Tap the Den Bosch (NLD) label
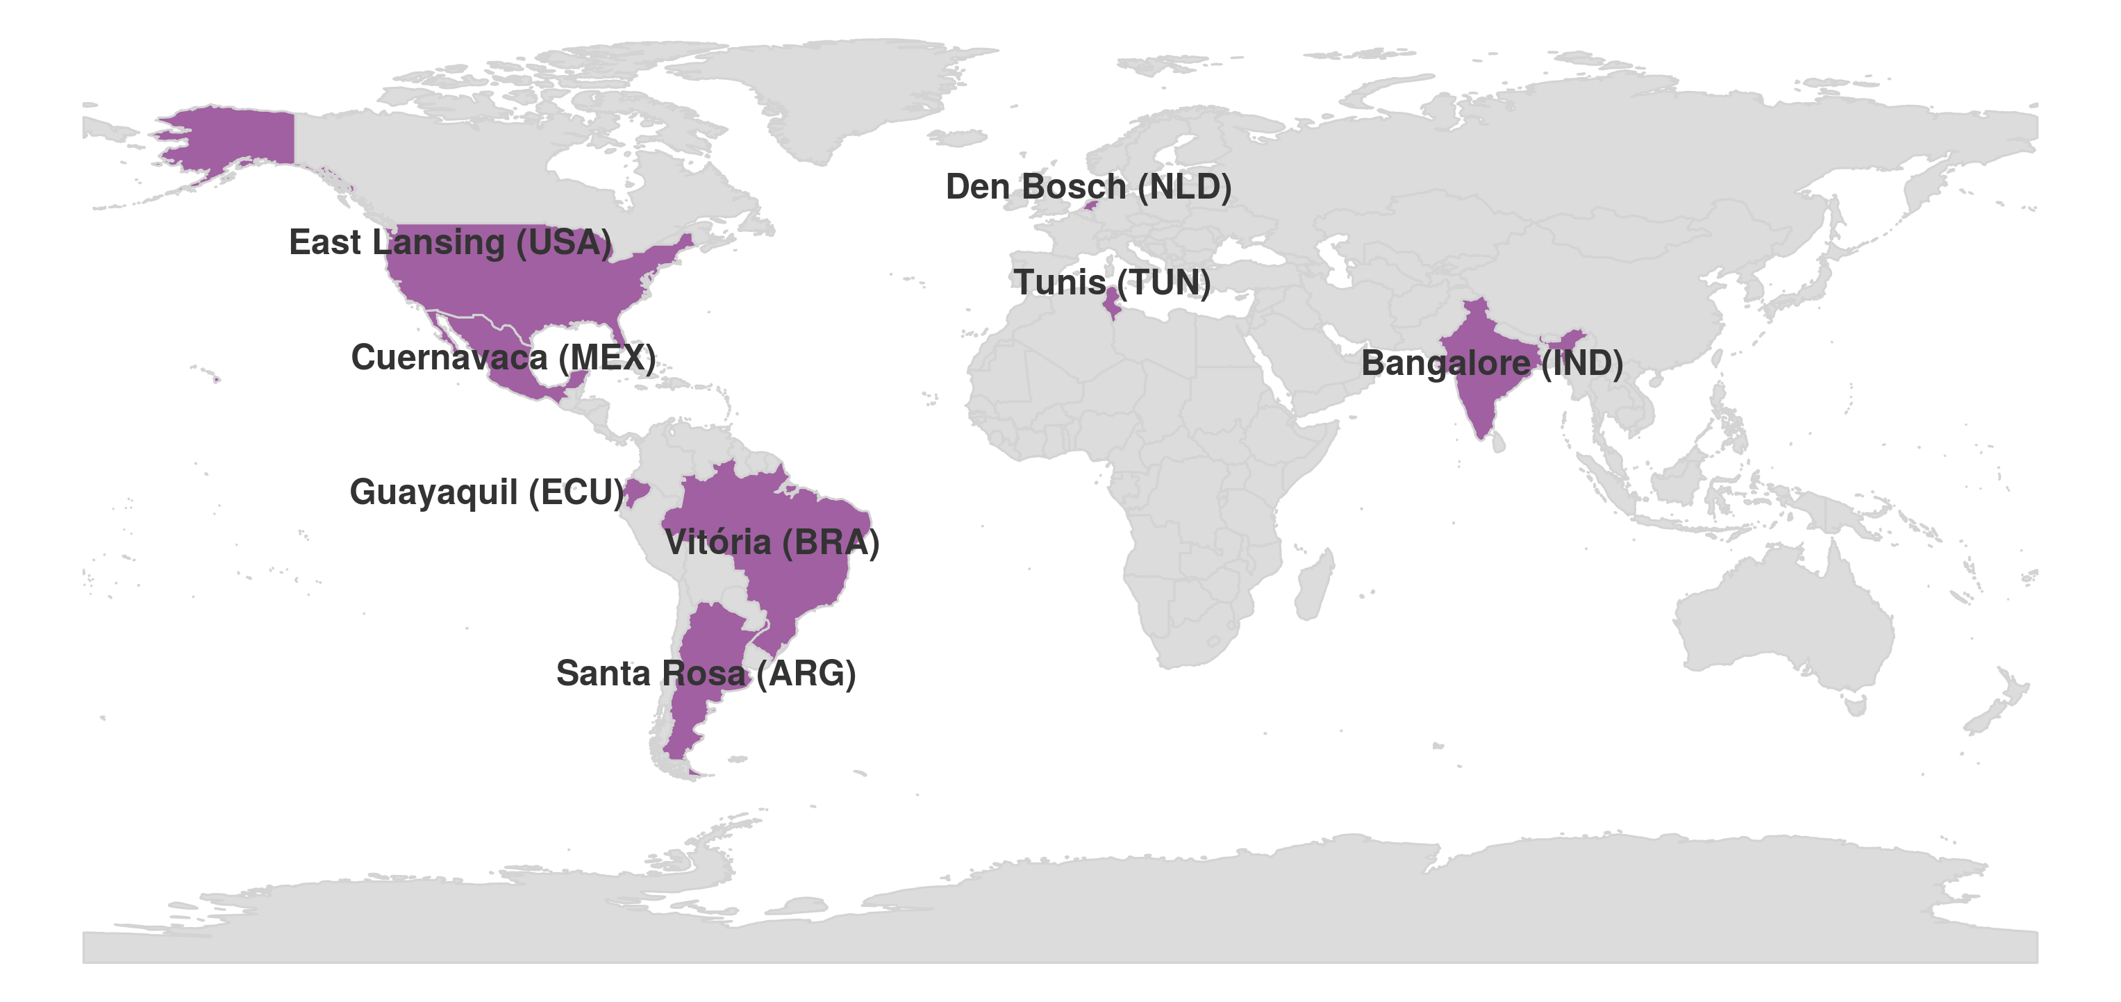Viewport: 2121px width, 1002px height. click(x=1088, y=187)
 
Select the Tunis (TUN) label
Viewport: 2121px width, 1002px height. click(x=1112, y=283)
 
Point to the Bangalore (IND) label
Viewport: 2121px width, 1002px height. click(x=1491, y=363)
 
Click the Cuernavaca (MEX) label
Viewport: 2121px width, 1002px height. click(x=503, y=358)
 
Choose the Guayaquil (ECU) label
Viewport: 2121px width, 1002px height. click(x=487, y=492)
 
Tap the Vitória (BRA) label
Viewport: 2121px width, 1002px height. click(x=772, y=542)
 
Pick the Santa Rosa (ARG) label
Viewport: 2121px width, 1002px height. click(x=706, y=674)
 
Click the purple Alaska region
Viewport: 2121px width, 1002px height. click(x=239, y=136)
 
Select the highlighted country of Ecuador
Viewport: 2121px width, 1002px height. click(x=635, y=492)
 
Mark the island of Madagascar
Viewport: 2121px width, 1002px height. click(x=1314, y=586)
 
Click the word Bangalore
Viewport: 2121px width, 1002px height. click(x=1445, y=363)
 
